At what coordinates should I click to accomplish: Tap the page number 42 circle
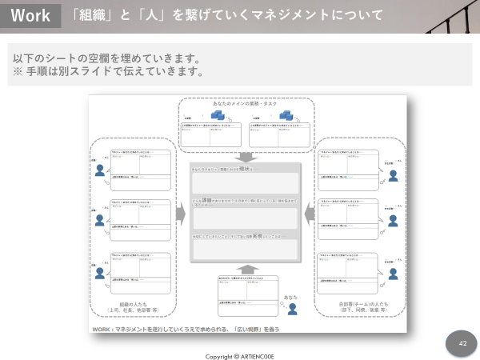462,343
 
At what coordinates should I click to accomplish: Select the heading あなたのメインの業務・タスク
246,105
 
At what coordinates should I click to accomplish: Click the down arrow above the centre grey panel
246,156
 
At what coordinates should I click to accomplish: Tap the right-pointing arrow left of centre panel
180,214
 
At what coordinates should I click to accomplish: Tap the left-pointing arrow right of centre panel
310,214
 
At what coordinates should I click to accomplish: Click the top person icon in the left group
100,170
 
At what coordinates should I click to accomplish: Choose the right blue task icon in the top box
286,115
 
